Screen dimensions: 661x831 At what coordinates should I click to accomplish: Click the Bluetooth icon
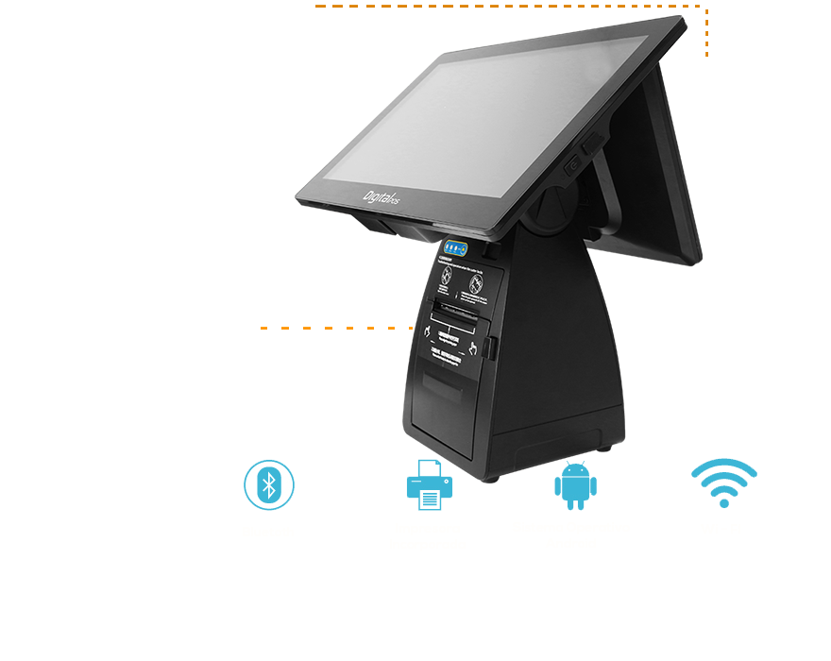[269, 485]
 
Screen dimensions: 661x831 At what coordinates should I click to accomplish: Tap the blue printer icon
[430, 485]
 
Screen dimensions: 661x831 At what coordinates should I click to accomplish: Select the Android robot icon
[575, 486]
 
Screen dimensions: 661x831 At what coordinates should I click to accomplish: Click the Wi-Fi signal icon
[724, 483]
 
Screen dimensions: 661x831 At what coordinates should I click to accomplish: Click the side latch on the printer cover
[493, 347]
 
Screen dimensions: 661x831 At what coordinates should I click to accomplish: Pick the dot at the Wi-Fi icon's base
[724, 503]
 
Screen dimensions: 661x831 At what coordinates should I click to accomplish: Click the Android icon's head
[575, 470]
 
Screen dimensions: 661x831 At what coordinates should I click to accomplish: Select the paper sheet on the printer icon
[430, 498]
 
